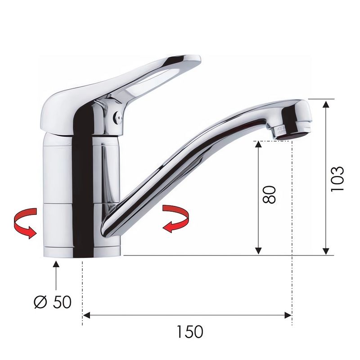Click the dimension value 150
point(189,332)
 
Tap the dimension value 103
point(337,178)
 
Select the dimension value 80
point(269,195)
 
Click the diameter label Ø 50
point(53,302)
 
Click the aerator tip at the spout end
point(292,133)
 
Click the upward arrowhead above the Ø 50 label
point(56,264)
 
